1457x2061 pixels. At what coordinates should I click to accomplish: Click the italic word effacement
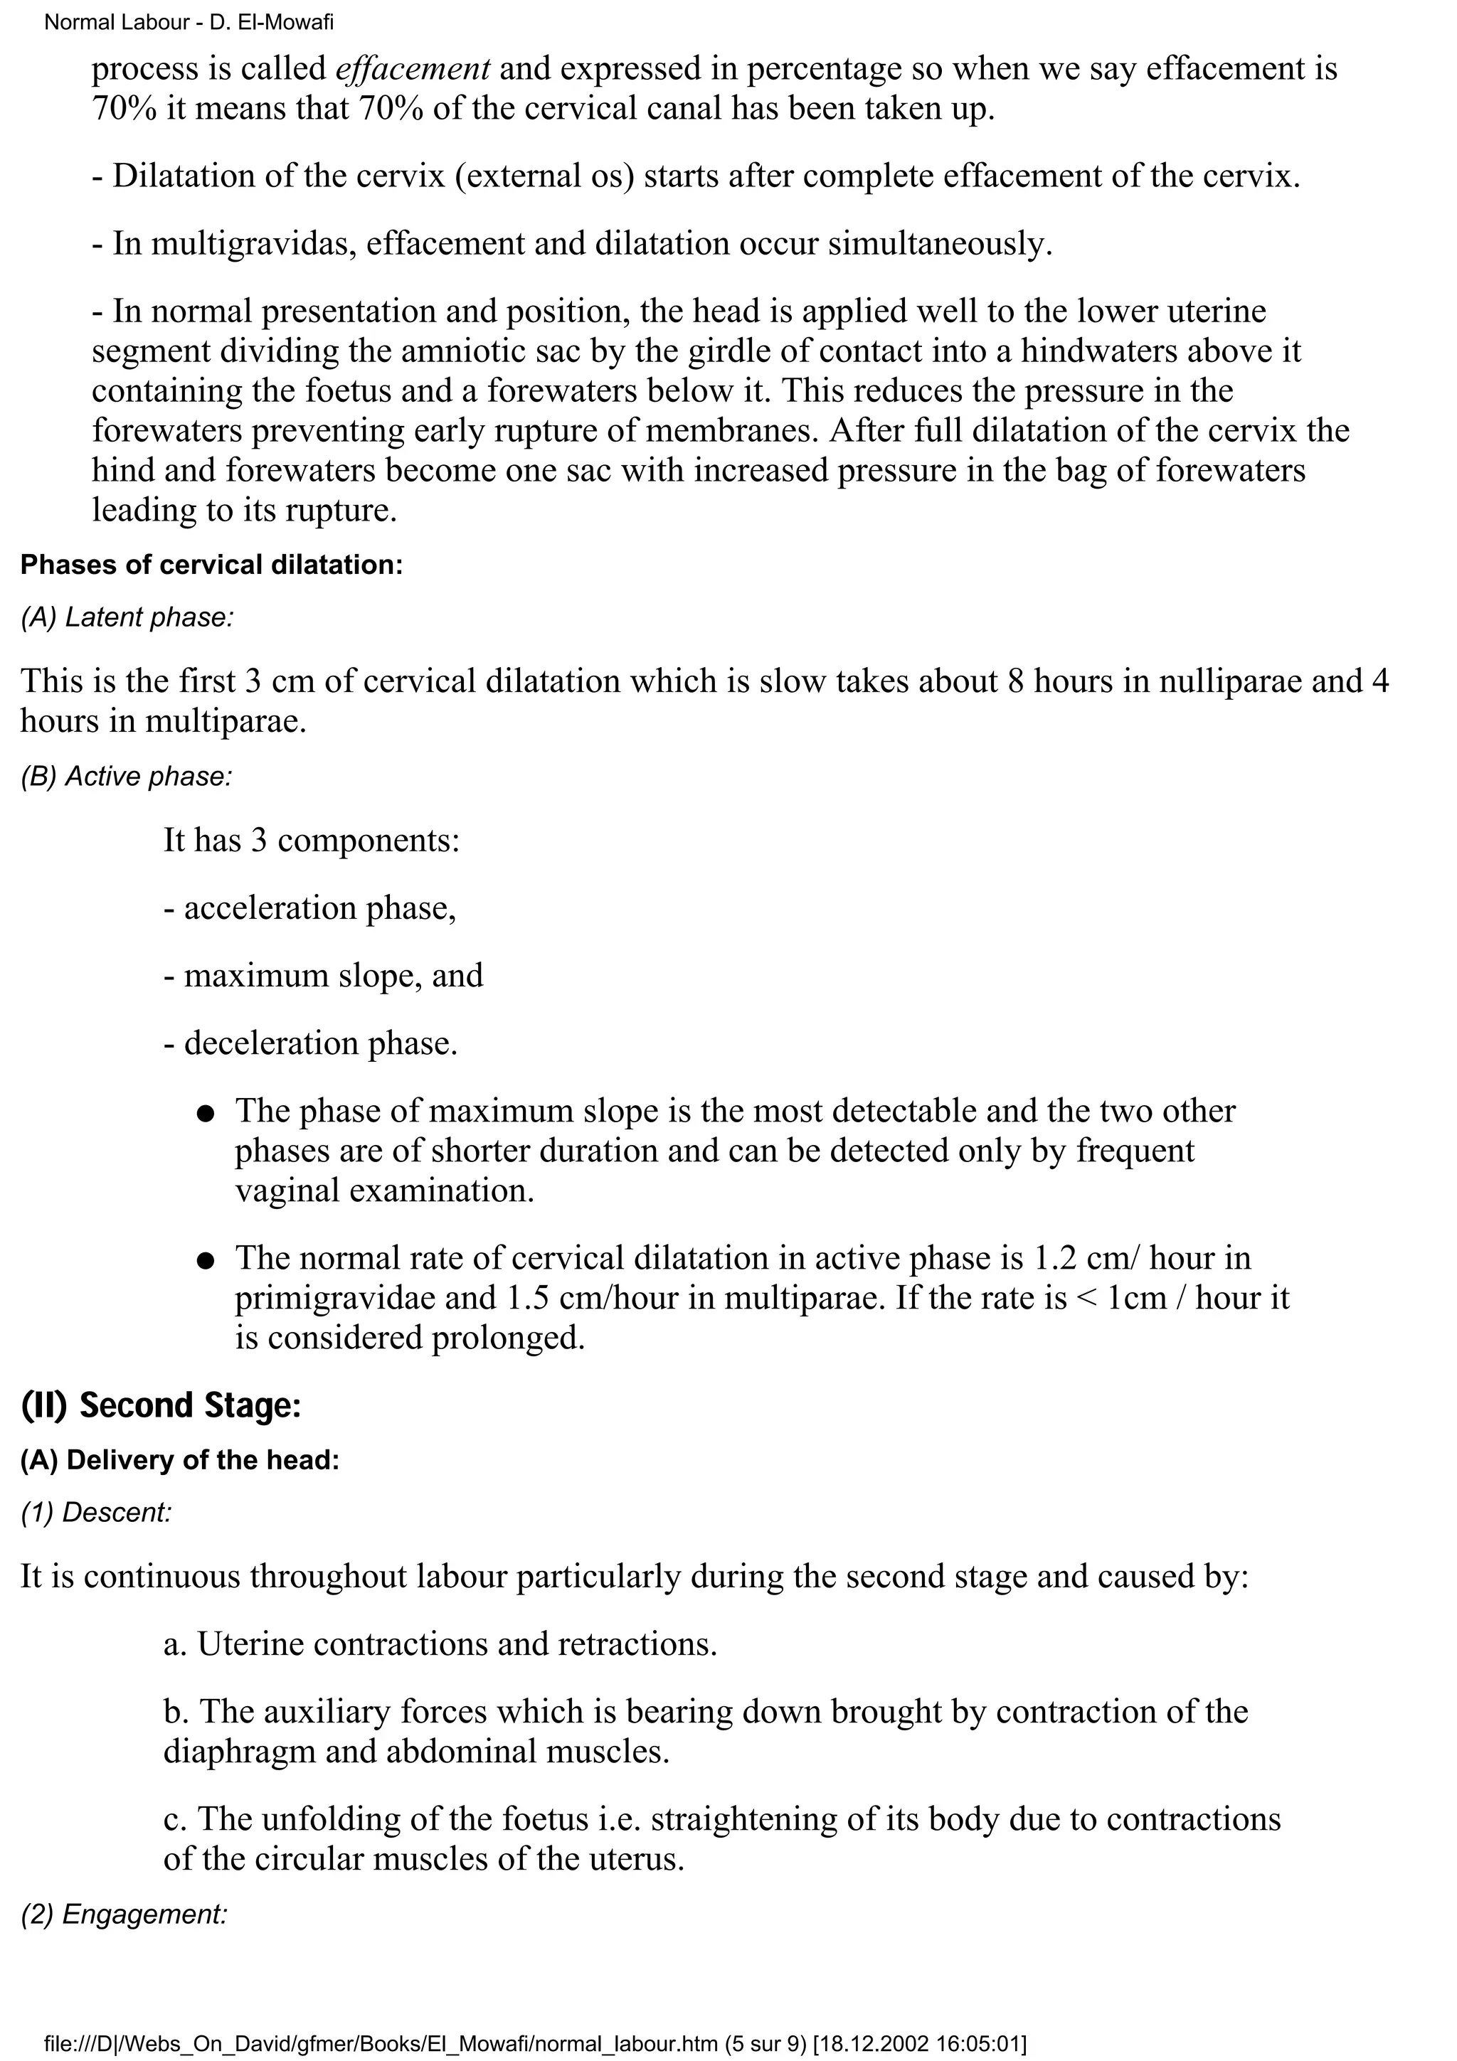[x=413, y=68]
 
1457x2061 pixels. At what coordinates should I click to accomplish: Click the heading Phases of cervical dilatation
[x=212, y=565]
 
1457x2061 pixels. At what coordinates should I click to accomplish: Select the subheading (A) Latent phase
[x=127, y=617]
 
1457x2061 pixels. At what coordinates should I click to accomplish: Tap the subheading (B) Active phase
[x=126, y=777]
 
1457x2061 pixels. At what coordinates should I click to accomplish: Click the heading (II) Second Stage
[x=161, y=1405]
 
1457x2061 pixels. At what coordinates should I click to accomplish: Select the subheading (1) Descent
[x=95, y=1513]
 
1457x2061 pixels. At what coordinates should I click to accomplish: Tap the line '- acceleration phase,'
[x=309, y=907]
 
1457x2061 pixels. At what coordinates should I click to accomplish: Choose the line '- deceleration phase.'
[x=311, y=1043]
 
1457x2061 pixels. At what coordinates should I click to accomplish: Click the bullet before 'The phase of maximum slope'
[x=206, y=1114]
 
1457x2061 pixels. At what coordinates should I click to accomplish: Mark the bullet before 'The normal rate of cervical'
[x=206, y=1261]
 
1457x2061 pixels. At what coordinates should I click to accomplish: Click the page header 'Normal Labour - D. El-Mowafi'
[x=189, y=21]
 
